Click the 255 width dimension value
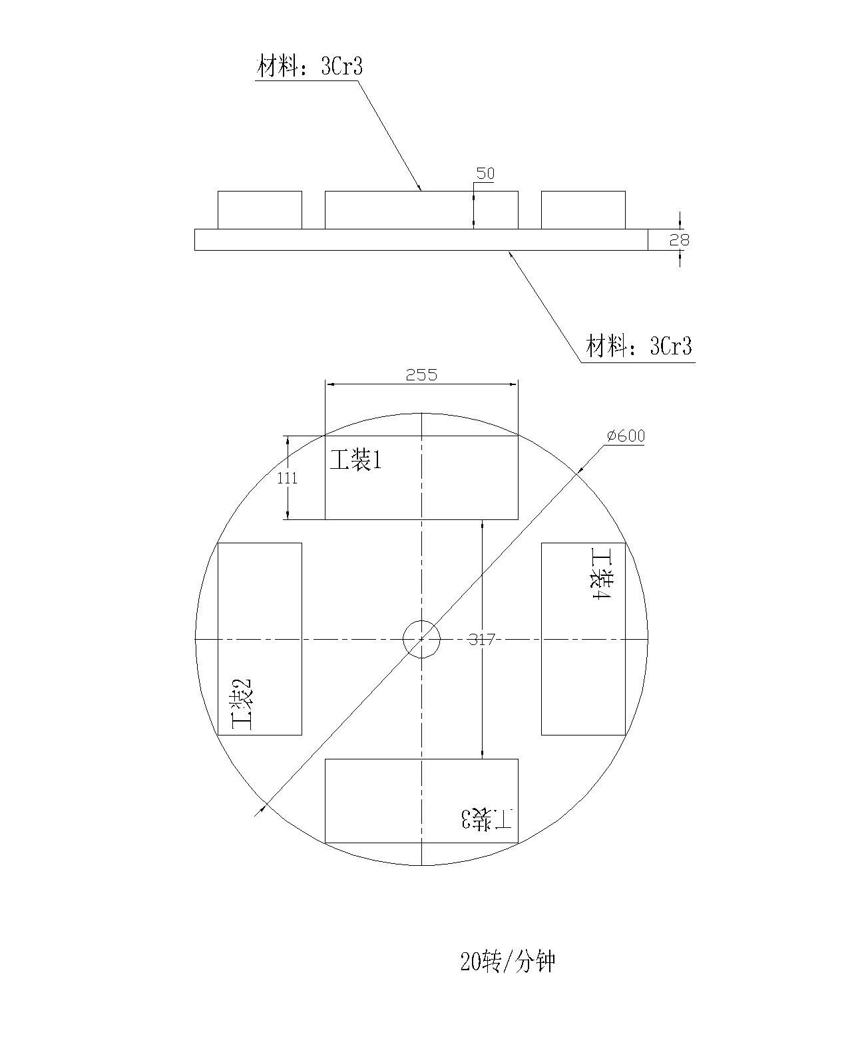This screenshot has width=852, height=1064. [421, 375]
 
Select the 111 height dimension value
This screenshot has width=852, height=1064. [287, 478]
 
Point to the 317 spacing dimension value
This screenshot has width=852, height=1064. [482, 640]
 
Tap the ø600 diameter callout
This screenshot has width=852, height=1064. [626, 436]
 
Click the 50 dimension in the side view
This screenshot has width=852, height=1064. [485, 174]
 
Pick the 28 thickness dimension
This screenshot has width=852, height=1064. [679, 240]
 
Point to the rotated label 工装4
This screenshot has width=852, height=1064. [602, 573]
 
